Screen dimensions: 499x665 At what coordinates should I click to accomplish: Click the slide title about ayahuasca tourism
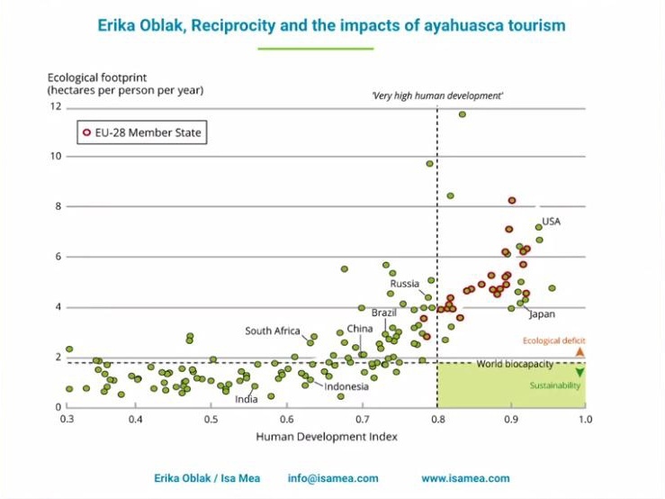[x=332, y=25]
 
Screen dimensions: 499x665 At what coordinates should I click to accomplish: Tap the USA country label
[x=551, y=221]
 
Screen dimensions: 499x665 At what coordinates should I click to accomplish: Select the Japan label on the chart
[x=542, y=314]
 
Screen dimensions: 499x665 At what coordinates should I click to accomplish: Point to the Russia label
[x=405, y=284]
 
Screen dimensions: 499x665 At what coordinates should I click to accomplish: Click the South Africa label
[x=272, y=331]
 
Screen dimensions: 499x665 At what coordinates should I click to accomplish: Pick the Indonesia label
[x=346, y=386]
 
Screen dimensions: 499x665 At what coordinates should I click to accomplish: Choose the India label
[x=246, y=399]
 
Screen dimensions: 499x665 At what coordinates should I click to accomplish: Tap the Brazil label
[x=384, y=312]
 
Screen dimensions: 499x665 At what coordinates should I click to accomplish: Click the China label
[x=359, y=329]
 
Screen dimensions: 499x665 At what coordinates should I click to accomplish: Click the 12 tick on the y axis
[x=56, y=106]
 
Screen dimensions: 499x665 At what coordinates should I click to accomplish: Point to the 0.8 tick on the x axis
[x=436, y=420]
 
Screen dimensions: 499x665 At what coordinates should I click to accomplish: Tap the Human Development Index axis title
[x=327, y=437]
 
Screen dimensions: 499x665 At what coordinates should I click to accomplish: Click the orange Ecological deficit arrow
[x=580, y=351]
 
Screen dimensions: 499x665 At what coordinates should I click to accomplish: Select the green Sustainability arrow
[x=580, y=372]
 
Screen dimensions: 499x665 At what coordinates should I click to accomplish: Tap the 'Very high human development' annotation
[x=438, y=95]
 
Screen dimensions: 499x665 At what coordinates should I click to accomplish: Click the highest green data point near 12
[x=462, y=114]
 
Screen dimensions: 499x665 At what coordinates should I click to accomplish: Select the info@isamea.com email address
[x=333, y=478]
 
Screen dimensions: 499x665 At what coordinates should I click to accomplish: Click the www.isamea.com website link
[x=465, y=478]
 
